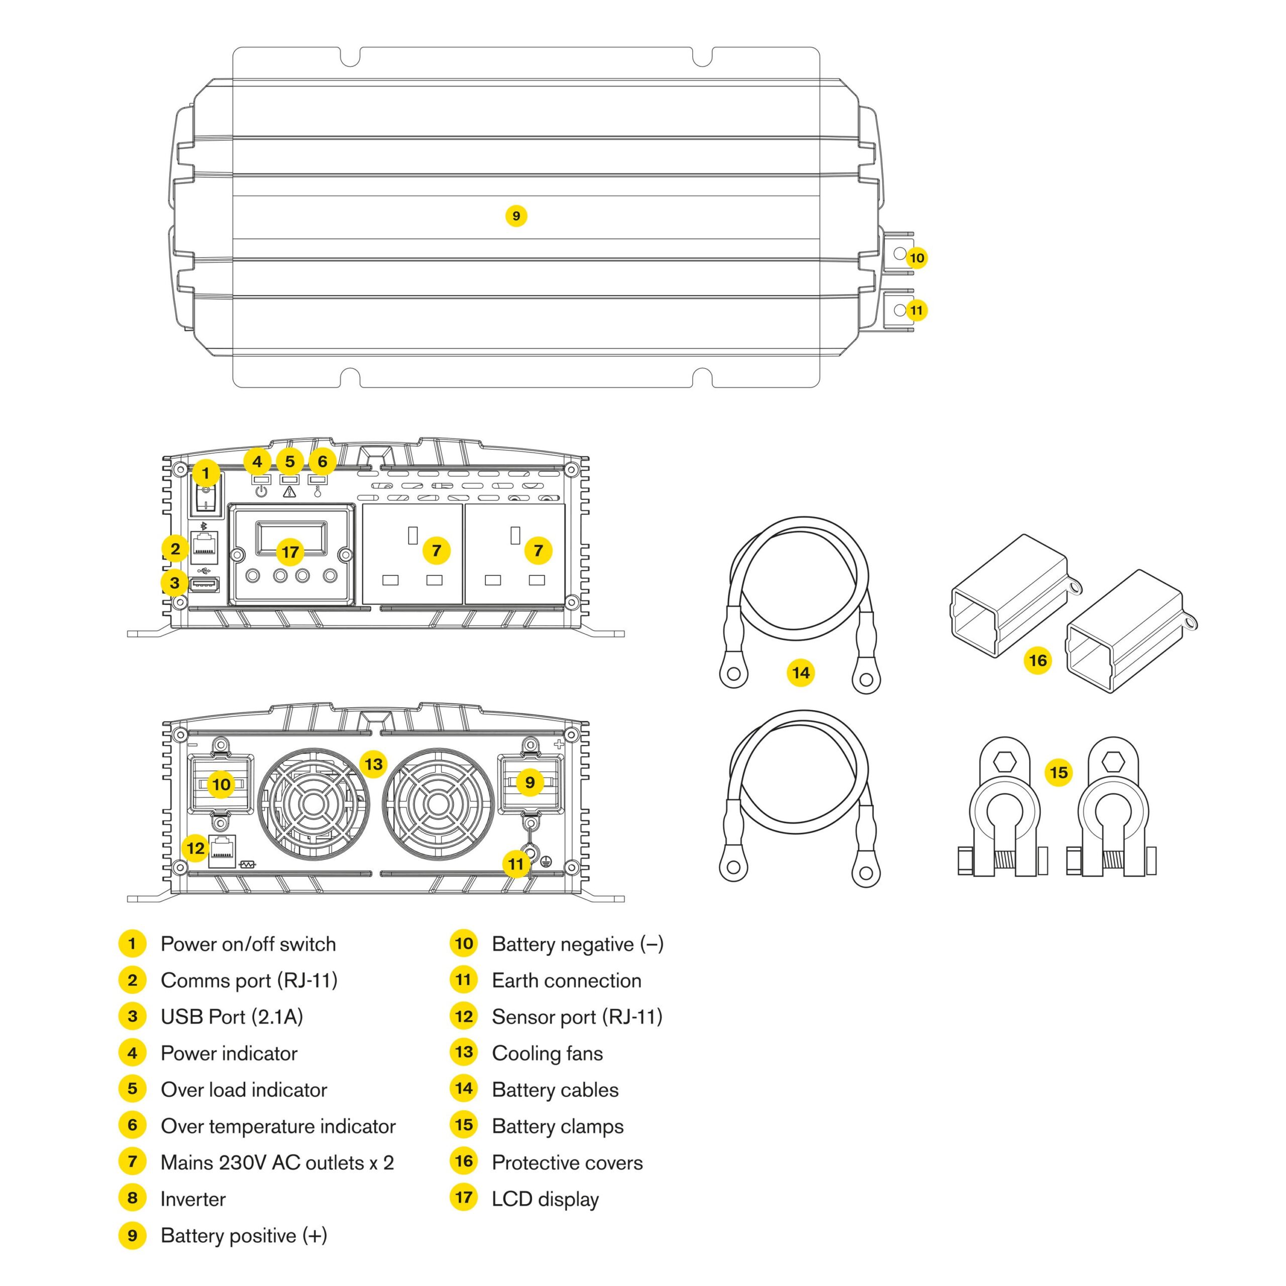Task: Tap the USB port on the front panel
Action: click(204, 585)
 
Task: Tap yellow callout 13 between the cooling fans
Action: click(373, 764)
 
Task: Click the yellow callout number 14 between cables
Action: click(800, 673)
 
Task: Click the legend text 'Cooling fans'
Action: click(547, 1054)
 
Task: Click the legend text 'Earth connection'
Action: click(567, 981)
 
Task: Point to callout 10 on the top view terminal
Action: click(917, 258)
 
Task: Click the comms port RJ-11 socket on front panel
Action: click(204, 545)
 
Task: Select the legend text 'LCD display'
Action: click(545, 1200)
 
